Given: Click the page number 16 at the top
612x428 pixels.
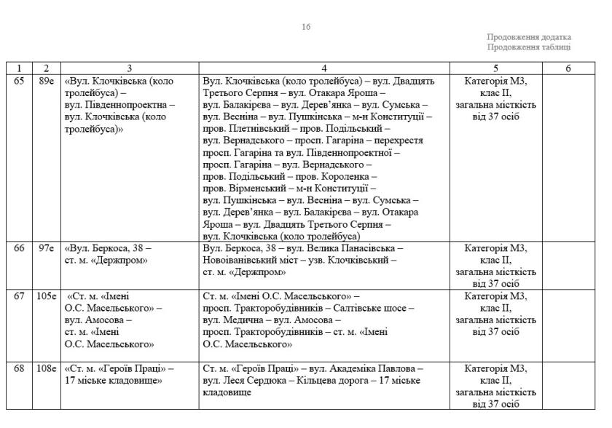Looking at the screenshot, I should pos(306,27).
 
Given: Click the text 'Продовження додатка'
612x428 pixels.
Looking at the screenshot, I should pos(529,37).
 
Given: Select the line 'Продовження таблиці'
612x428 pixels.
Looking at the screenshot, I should pos(529,47).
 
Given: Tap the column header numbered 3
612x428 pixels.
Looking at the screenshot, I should pos(130,68).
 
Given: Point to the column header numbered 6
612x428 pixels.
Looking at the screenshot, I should pos(568,68).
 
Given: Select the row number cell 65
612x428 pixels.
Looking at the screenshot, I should pos(19,80).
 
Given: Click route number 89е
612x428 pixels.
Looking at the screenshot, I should pos(47,80).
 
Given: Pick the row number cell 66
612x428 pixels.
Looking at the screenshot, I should pos(19,248).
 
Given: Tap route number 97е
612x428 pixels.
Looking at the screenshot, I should pos(47,248).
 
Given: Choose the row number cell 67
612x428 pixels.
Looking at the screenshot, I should pos(19,296).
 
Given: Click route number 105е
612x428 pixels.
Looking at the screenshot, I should pos(47,296).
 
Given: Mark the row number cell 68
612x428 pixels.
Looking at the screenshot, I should pos(19,368).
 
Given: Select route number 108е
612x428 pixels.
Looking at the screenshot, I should pos(47,368).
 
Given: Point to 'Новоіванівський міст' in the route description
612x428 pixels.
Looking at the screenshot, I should pos(248,260).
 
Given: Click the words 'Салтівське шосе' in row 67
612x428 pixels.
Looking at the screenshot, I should pos(376,308).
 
